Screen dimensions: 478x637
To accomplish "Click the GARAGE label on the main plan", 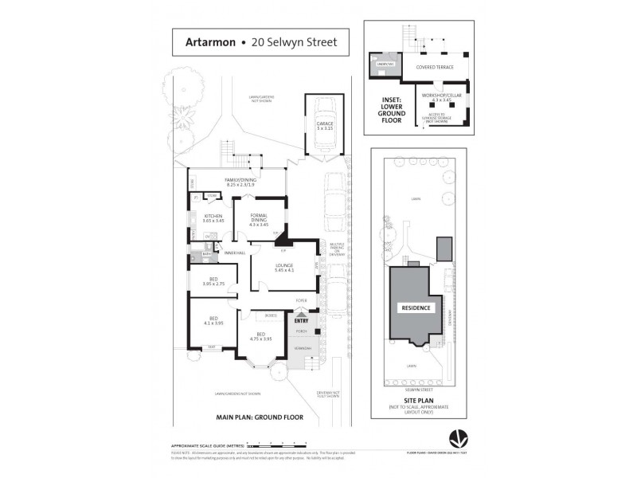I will click(325, 125).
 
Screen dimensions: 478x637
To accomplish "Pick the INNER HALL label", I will click(235, 253).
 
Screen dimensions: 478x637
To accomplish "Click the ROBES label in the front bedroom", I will click(271, 316).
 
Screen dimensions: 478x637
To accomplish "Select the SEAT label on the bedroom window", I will click(212, 347).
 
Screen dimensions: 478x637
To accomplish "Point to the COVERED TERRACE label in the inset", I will click(434, 67).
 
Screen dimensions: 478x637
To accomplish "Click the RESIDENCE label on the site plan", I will click(416, 308).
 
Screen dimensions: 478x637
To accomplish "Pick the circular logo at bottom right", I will click(458, 437).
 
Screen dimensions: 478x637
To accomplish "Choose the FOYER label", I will click(301, 300).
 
